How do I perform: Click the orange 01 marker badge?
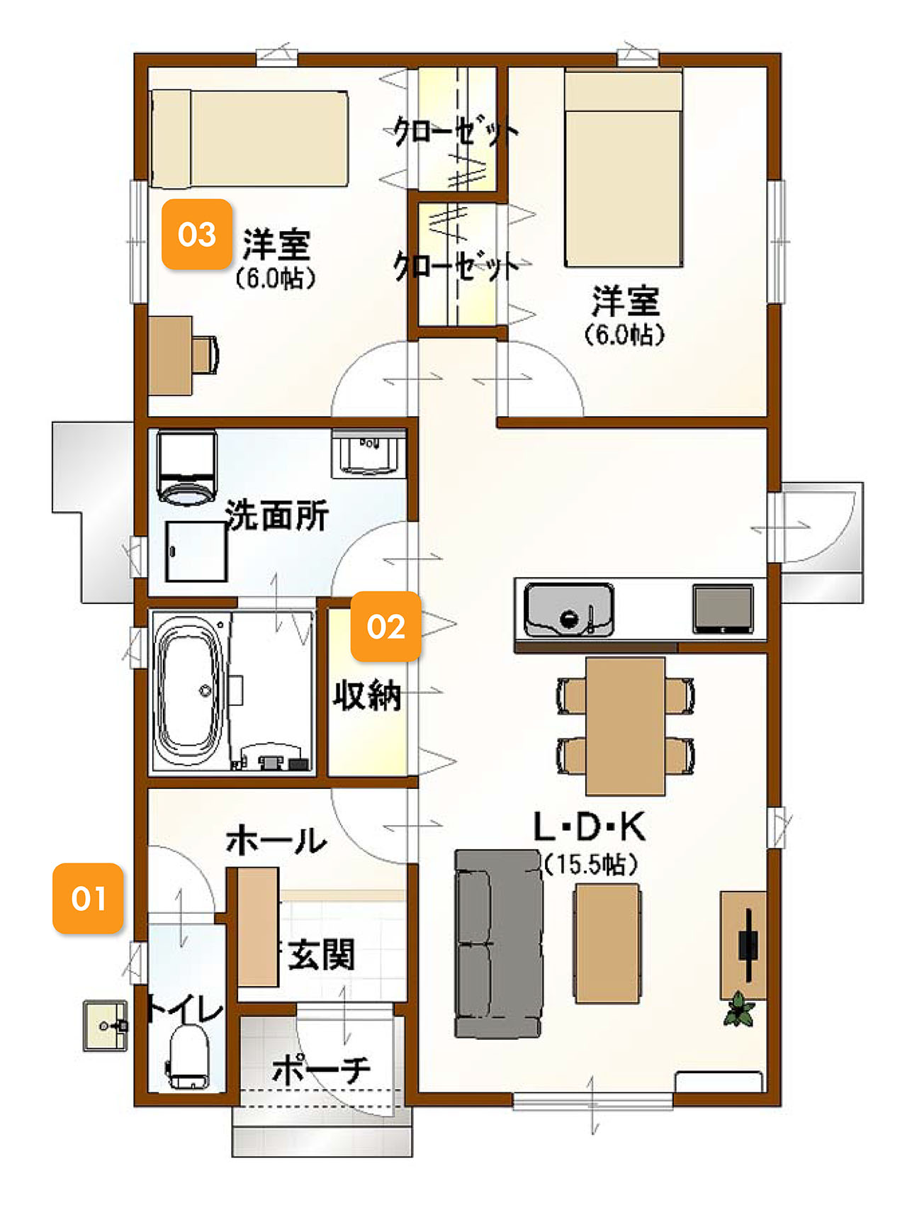tap(88, 898)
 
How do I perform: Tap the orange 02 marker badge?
tap(385, 627)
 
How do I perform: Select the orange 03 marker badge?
tap(197, 234)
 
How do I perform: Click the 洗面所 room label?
tap(277, 515)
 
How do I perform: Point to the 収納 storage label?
tap(367, 695)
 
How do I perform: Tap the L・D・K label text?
tap(589, 826)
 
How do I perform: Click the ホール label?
tap(276, 841)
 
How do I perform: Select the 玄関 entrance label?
tap(321, 955)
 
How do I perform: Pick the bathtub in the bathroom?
tap(190, 692)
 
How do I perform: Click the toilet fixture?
tap(188, 1056)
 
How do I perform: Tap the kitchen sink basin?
tap(569, 610)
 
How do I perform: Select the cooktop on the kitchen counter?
tap(723, 608)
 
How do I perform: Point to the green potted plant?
tap(738, 1009)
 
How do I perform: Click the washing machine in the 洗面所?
tap(186, 468)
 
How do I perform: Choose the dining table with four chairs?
tap(625, 726)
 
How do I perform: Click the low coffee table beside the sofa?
tap(607, 943)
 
